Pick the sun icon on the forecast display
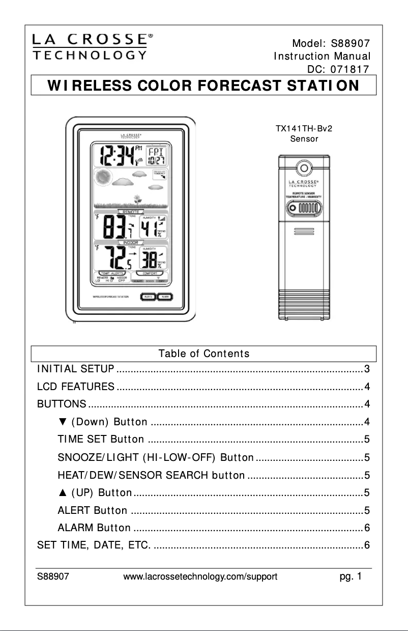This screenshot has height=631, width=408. coord(104,178)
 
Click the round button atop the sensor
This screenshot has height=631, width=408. coord(304,168)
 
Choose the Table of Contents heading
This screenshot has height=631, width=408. coord(203,353)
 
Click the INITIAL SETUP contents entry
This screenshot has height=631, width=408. coord(76,368)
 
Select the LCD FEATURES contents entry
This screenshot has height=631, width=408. coord(76,387)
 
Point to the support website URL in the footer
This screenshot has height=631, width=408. coord(200,577)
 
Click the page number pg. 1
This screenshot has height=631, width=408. coord(351,577)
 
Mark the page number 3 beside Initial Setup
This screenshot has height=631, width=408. coord(366,368)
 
